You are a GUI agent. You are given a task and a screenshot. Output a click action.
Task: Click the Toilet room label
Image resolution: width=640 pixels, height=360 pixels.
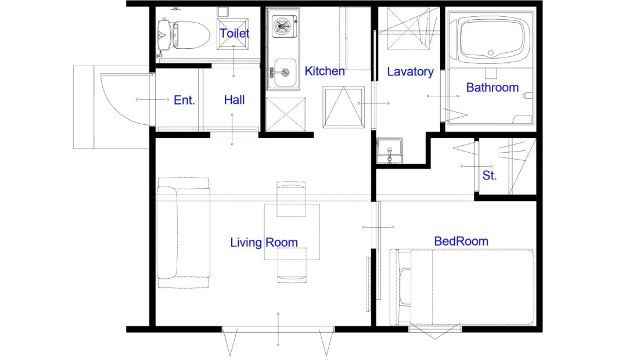coord(234,33)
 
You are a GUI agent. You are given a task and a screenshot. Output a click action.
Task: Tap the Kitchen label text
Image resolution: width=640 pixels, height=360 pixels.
coord(324,71)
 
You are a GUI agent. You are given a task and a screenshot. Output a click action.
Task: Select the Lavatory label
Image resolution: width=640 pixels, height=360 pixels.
coord(410,72)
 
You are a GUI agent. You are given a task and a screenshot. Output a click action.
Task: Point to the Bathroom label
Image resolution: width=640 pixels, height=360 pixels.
coord(492,87)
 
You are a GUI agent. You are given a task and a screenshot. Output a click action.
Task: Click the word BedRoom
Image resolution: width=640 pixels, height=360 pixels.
coord(461,241)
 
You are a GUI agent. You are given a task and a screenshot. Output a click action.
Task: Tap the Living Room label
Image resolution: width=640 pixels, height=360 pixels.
coord(264,242)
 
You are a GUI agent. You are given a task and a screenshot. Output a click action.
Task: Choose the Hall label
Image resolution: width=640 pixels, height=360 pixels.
coord(234,100)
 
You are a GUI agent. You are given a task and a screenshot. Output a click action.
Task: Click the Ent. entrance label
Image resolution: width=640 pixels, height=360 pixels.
coord(184,100)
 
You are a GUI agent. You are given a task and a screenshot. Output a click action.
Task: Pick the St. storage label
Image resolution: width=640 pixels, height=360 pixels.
coord(489,176)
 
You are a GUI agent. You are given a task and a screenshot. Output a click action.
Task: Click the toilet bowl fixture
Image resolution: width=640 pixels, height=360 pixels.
coord(191,34)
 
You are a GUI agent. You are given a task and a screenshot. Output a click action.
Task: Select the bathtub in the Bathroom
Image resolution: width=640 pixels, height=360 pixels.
coord(491,39)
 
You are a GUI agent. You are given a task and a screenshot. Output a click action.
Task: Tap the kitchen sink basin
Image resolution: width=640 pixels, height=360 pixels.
coord(284,73)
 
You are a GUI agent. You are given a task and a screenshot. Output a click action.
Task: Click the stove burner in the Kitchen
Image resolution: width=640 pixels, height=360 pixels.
coord(282,26)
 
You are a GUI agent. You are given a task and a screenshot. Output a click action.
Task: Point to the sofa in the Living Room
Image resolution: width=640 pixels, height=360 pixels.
coord(183,233)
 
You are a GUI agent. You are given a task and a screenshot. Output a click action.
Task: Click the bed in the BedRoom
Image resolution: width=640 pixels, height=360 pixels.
coord(462,287)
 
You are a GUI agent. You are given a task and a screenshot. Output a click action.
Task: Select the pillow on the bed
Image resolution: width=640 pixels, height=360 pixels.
coord(404,287)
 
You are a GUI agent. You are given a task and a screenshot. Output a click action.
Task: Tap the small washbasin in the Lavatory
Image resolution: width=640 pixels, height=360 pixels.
coord(389,151)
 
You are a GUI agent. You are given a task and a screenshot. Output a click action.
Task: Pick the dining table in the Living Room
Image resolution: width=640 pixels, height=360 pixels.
coord(292,232)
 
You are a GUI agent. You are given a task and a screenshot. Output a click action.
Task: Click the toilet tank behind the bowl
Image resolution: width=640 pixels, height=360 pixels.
coord(164,35)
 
